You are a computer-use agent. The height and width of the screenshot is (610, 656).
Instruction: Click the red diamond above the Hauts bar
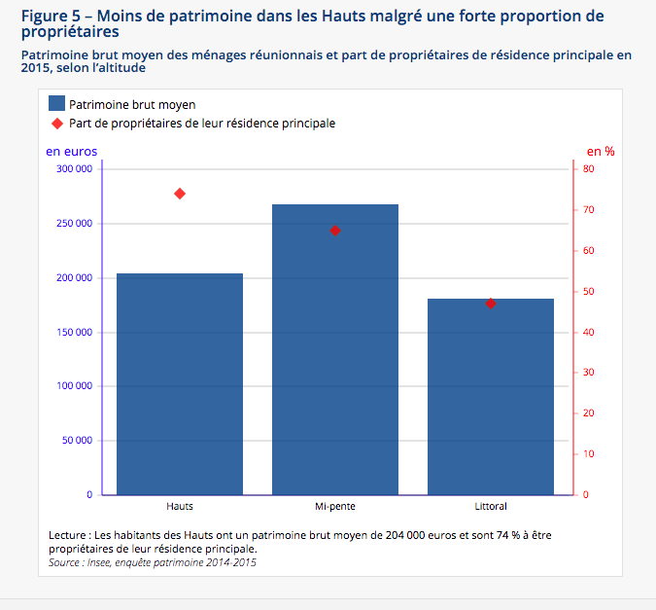point(180,194)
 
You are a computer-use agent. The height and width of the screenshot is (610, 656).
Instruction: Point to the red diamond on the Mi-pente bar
point(335,231)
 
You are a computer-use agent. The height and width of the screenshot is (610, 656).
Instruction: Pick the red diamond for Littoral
point(491,304)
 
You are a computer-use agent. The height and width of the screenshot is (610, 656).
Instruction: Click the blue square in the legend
point(56,104)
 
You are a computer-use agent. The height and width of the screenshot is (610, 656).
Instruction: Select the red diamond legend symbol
point(56,124)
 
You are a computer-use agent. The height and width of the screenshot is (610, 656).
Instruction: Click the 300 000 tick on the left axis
point(75,169)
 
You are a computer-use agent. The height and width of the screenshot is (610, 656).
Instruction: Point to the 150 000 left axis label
point(75,333)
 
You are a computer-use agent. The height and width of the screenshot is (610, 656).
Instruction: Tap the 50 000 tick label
point(78,441)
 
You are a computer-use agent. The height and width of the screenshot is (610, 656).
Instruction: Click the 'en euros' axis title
point(71,151)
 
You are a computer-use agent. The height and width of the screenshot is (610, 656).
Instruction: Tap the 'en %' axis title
point(601,151)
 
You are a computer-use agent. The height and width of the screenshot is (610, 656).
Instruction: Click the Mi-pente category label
point(335,507)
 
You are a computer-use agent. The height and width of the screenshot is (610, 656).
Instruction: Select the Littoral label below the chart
point(491,507)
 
